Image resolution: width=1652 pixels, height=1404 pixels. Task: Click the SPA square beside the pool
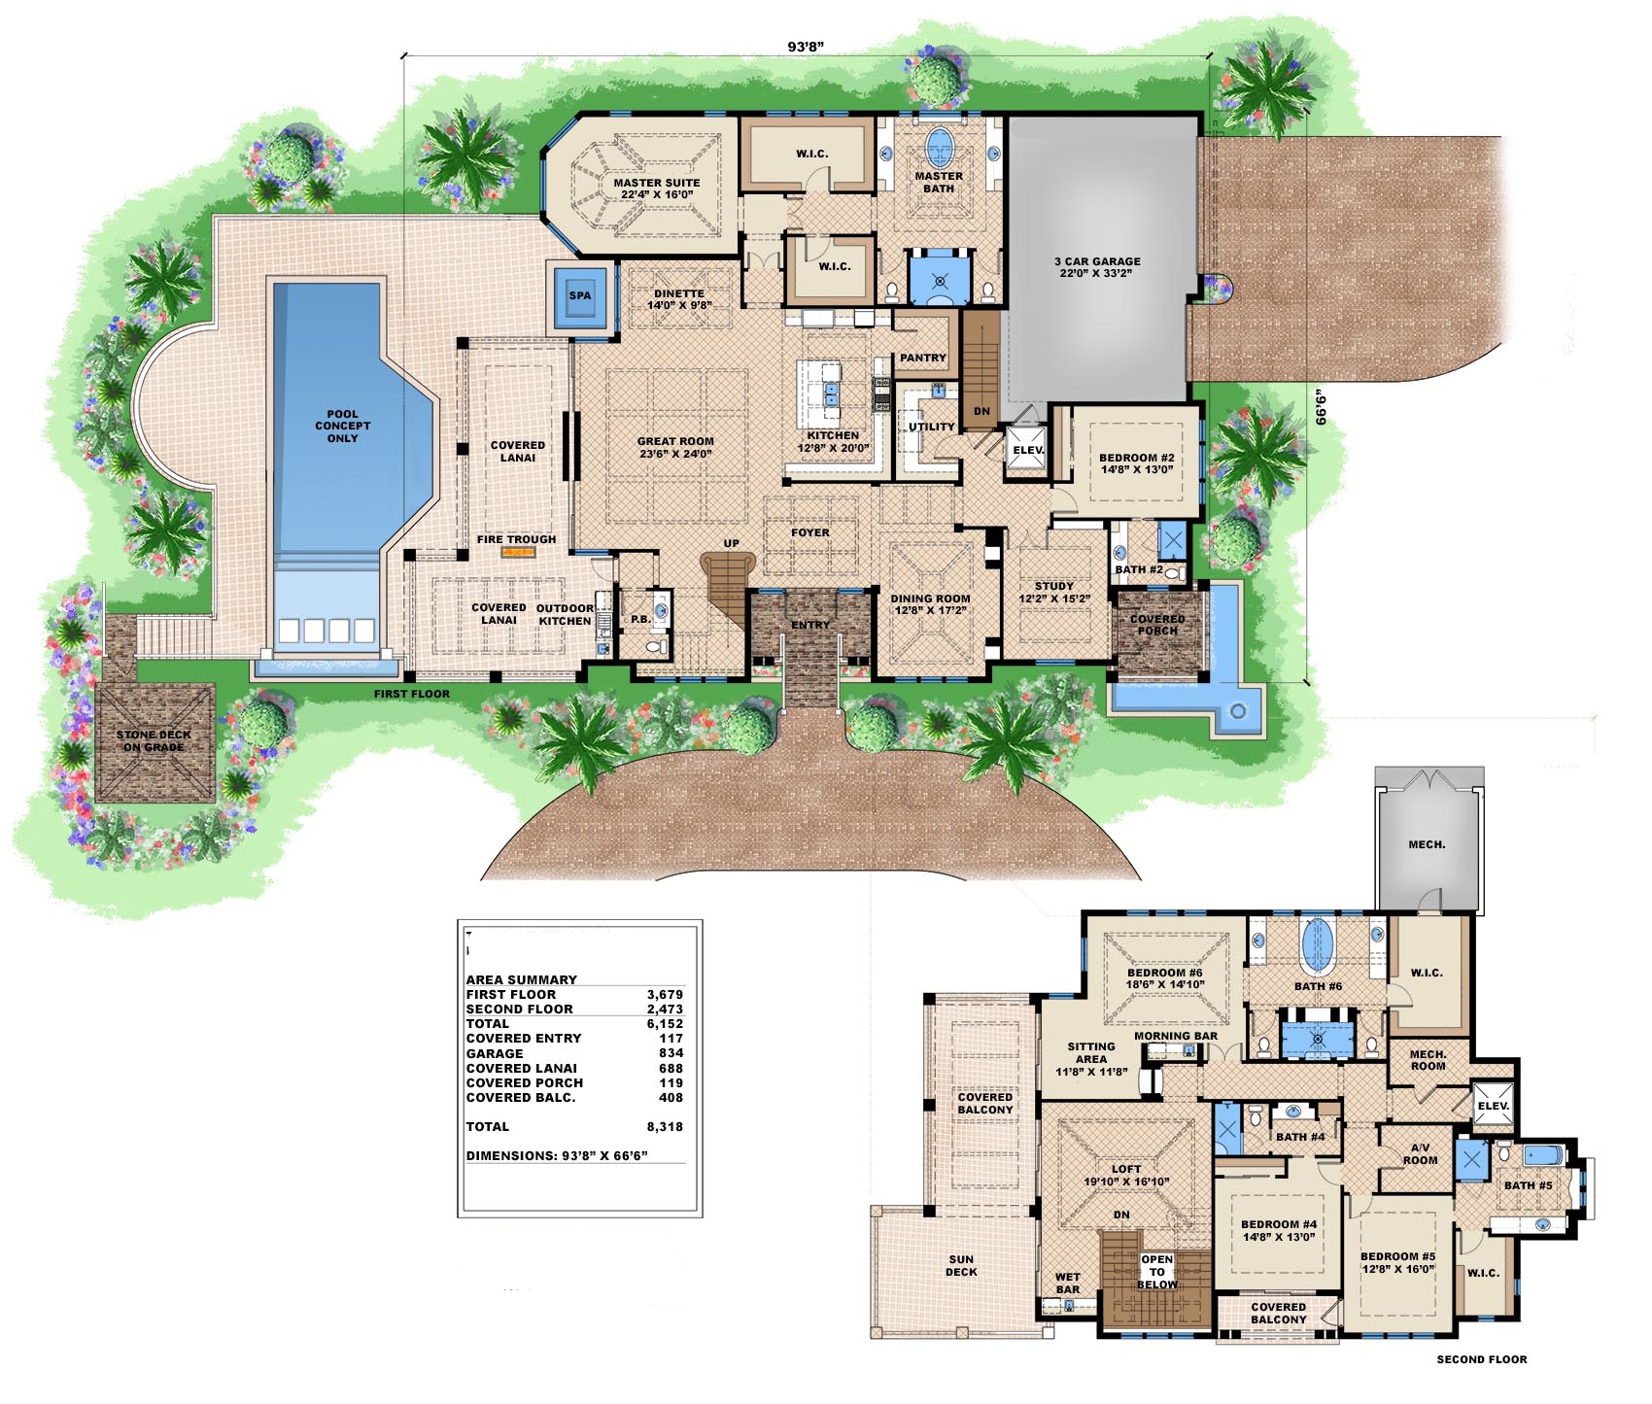click(580, 295)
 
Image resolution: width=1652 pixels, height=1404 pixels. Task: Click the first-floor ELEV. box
click(1027, 450)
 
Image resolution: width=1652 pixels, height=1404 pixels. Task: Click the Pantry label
click(922, 358)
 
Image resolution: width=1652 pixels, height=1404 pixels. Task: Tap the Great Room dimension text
click(675, 454)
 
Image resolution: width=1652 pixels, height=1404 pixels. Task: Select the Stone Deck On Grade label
click(154, 741)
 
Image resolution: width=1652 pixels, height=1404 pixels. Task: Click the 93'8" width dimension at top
click(806, 46)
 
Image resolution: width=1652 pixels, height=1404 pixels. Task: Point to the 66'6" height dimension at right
click(1321, 406)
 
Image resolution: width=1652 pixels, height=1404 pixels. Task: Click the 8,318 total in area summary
click(666, 1127)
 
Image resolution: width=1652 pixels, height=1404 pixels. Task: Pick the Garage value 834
click(671, 1053)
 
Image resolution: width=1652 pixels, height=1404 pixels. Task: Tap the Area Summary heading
click(521, 979)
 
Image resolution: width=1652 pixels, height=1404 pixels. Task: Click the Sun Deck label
click(961, 1265)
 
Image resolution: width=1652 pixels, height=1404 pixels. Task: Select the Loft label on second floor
click(1126, 1169)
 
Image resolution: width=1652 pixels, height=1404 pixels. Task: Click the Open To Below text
click(1157, 1272)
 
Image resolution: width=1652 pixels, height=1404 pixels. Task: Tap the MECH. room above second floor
click(1427, 844)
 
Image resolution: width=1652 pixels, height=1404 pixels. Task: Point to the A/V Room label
click(1420, 1154)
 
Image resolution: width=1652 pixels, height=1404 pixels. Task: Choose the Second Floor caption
click(1481, 1359)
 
